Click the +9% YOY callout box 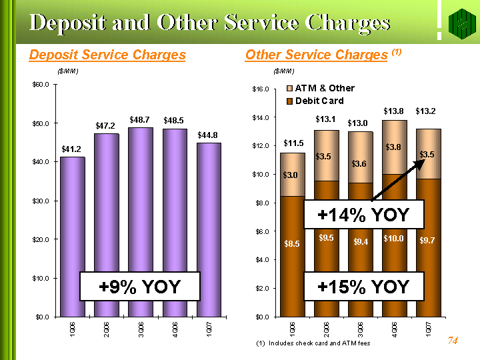[140, 287]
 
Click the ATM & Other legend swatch [289, 88]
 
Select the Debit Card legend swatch [289, 101]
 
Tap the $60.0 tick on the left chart [41, 85]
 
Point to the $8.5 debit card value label [292, 244]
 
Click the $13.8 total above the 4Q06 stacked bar [394, 110]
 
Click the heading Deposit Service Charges [107, 55]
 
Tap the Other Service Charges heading [317, 55]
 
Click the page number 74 [453, 341]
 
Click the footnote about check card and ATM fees [313, 343]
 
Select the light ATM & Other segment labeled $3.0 [292, 175]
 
